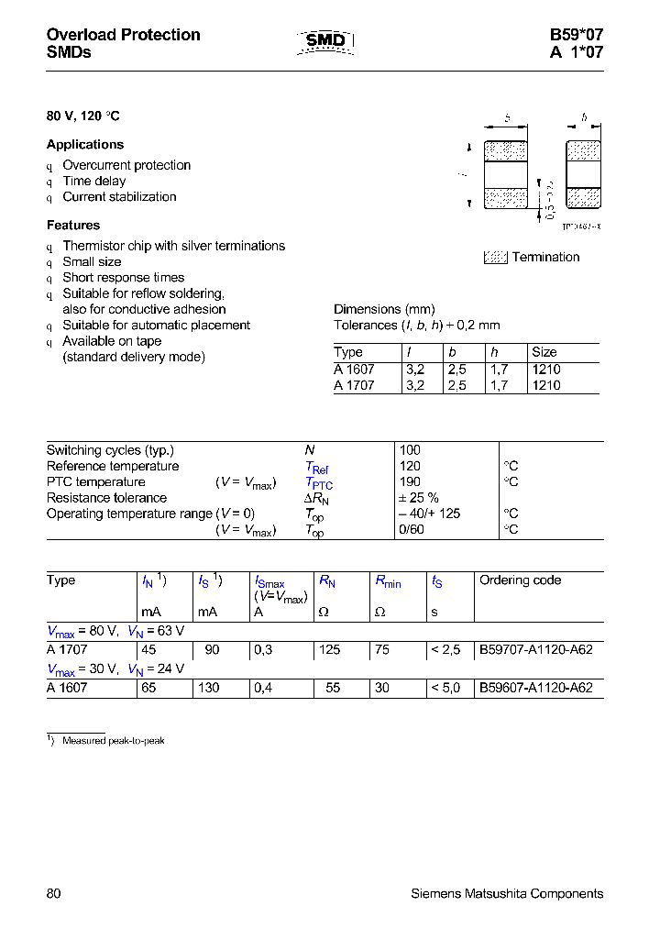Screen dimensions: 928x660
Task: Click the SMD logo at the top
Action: [325, 41]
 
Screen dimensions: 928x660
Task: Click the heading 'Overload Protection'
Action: [123, 35]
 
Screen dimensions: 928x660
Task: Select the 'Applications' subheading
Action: [85, 145]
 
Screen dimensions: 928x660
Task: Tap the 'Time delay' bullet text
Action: [94, 182]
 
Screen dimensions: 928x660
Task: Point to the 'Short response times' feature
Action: [123, 278]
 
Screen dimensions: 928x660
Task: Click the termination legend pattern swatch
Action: [495, 258]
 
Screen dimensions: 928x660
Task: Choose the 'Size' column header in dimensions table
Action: [544, 352]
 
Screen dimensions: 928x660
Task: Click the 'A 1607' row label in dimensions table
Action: [354, 370]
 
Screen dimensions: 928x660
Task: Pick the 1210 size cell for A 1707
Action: [545, 386]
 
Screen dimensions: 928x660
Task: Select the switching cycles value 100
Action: [410, 450]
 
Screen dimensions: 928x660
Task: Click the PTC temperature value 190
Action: [410, 482]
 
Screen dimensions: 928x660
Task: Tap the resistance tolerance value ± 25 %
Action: [419, 498]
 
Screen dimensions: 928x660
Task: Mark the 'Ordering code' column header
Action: [520, 580]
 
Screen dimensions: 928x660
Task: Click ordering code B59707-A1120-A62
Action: [536, 649]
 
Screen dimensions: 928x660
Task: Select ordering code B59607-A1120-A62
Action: [536, 688]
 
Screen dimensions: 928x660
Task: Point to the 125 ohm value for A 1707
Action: [329, 649]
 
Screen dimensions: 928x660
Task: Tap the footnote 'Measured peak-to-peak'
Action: [113, 740]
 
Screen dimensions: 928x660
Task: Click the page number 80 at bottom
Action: [53, 893]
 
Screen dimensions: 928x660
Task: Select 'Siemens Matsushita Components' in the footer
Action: [507, 893]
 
